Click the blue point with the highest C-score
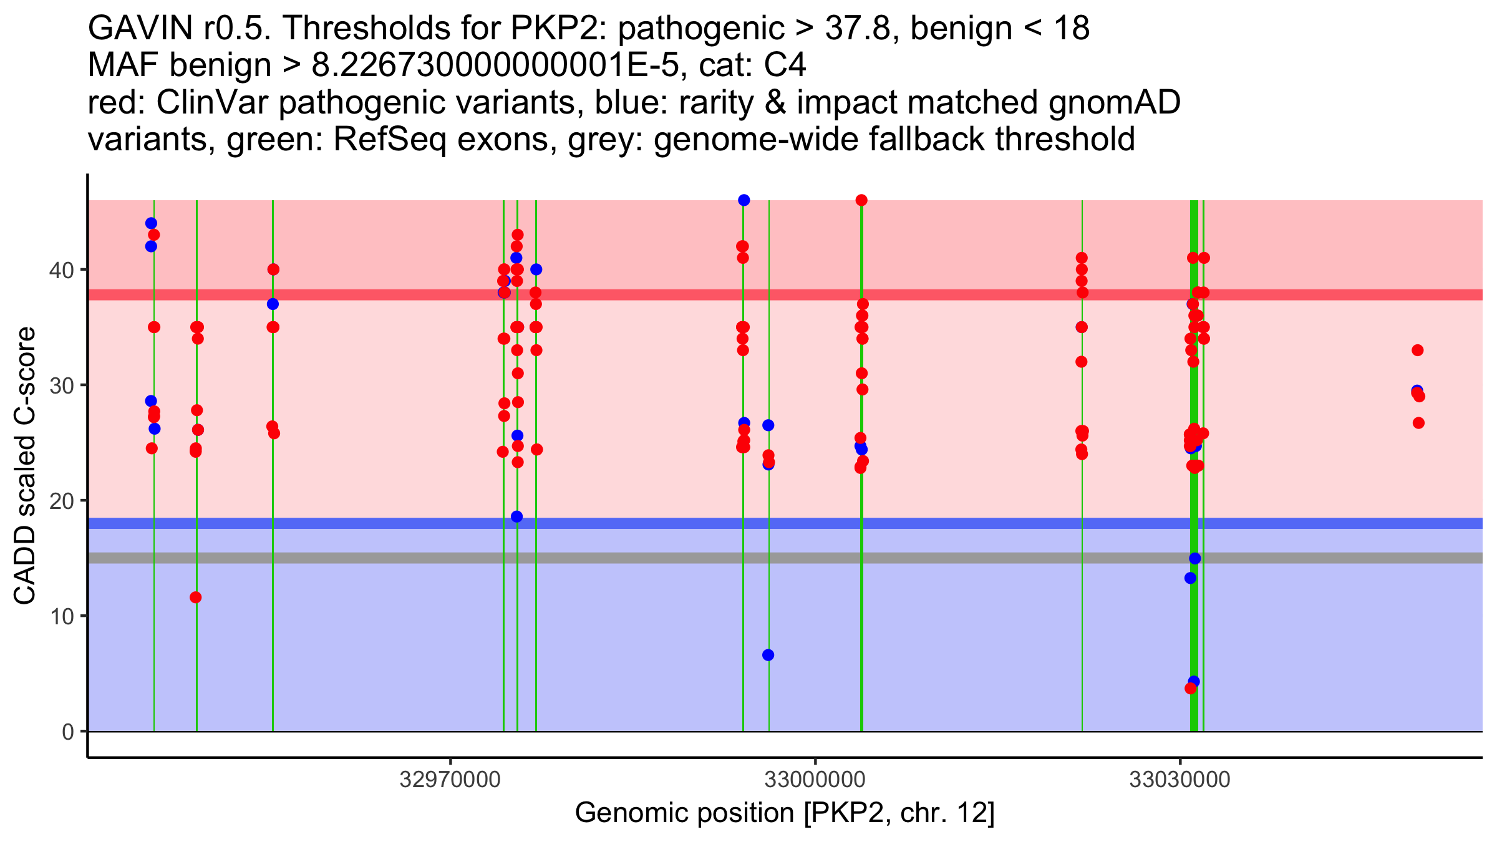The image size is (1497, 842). point(744,200)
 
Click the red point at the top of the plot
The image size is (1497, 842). point(861,200)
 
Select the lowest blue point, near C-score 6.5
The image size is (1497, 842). point(768,655)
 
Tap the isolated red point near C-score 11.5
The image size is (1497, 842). point(196,598)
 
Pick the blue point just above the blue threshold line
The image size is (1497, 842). point(516,516)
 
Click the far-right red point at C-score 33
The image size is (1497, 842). point(1418,351)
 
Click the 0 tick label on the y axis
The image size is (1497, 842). point(67,732)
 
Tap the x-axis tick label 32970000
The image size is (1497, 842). point(450,780)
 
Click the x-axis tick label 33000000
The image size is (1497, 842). point(815,780)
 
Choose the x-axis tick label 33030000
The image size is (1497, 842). point(1180,780)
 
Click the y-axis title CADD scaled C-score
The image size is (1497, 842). point(25,466)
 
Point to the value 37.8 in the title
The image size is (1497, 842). point(863,29)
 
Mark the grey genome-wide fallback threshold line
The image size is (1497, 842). point(624,558)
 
